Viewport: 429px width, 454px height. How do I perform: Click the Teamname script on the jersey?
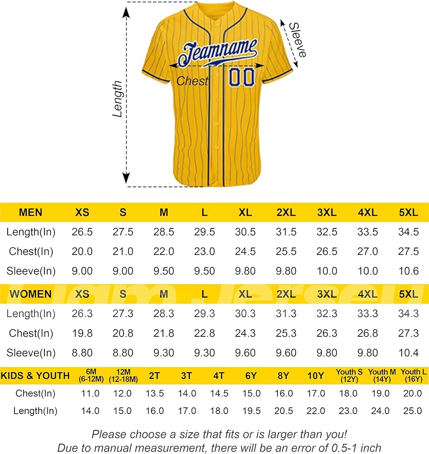coord(218,52)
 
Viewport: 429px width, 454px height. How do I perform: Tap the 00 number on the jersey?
coord(242,77)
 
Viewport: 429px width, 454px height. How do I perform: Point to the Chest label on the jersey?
coord(192,81)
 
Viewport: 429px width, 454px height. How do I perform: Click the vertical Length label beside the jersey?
coord(118,99)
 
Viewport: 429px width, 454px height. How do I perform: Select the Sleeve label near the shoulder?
coord(298,39)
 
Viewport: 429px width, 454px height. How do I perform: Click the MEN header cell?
coord(30,212)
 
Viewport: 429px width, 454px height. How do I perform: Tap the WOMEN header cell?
coord(30,294)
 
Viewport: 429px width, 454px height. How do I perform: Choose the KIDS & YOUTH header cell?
coord(35,375)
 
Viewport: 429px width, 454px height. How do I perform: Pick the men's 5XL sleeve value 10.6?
coord(409,271)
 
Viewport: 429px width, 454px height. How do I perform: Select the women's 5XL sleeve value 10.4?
coord(409,353)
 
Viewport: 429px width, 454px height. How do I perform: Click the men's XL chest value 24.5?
coord(245,252)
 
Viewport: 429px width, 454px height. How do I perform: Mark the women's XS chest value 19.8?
coord(82,333)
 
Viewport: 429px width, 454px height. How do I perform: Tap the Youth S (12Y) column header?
coord(349,375)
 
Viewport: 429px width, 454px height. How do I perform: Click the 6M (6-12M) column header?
coord(91,375)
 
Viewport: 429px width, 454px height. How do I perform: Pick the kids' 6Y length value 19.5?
coord(251,411)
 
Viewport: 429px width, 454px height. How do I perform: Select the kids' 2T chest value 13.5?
coord(155,394)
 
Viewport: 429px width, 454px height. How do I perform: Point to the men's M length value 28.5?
coord(164,232)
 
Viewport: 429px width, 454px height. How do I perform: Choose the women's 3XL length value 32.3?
coord(327,314)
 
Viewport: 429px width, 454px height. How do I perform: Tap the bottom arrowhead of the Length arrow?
coord(126,178)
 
